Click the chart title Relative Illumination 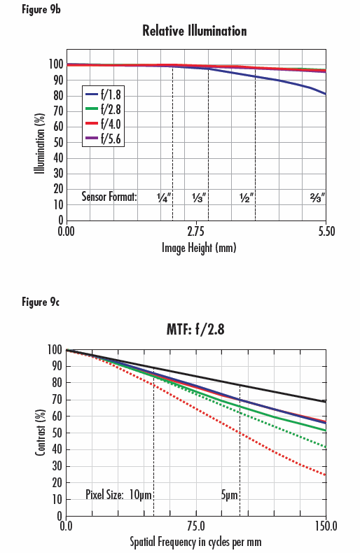tap(195, 31)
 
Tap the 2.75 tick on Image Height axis tap(195, 230)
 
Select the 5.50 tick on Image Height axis tap(325, 230)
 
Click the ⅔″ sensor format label tap(319, 197)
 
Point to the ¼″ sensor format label tap(165, 197)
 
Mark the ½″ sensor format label tap(246, 197)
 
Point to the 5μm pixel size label tap(230, 495)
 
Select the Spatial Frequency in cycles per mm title tap(195, 542)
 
